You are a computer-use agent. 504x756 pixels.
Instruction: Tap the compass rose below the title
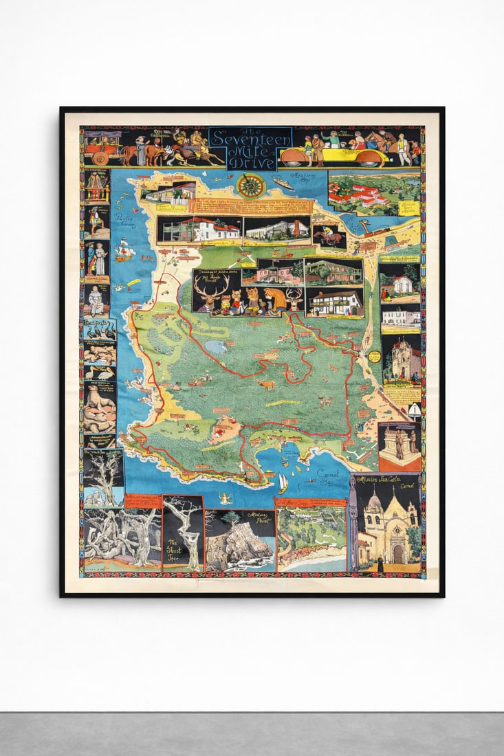250,186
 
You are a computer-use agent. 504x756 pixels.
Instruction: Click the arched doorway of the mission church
398,554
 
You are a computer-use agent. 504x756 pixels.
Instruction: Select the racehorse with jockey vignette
329,235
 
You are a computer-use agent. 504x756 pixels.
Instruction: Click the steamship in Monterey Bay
283,184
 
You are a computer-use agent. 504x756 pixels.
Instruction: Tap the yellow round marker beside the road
374,357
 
